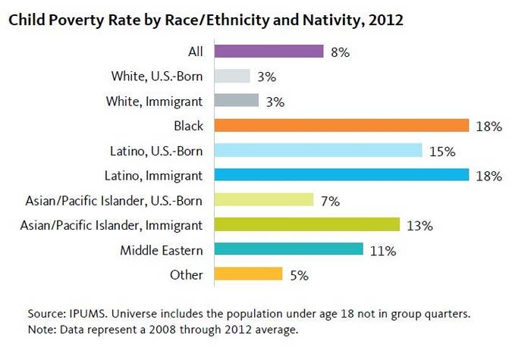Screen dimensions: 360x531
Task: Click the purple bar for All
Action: click(x=269, y=51)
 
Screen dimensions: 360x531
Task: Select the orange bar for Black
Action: click(x=342, y=126)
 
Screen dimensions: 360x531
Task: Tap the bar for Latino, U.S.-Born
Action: click(x=318, y=150)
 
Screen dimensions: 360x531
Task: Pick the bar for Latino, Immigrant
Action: click(x=342, y=175)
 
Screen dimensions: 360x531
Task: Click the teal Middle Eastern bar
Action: click(x=289, y=249)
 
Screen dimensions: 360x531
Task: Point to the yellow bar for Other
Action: click(x=249, y=274)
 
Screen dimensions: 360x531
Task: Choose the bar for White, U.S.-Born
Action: click(x=232, y=76)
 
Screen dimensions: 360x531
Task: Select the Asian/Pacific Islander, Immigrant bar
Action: click(x=306, y=224)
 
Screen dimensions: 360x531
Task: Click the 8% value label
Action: click(x=340, y=52)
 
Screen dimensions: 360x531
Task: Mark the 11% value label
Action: click(x=382, y=250)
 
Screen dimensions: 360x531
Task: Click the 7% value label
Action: click(x=329, y=201)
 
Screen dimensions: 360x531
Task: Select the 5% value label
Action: click(x=299, y=275)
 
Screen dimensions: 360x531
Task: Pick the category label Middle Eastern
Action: click(x=161, y=250)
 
